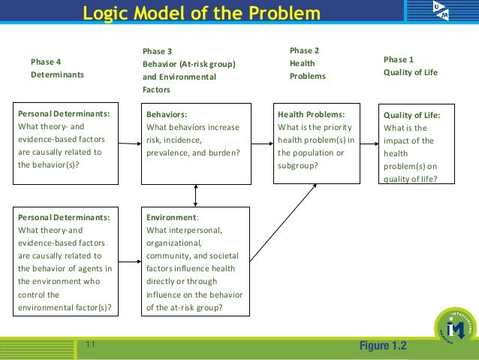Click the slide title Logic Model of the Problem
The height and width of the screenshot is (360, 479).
(x=200, y=14)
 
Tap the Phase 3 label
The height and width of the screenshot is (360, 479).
(x=157, y=51)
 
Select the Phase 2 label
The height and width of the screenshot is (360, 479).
(x=304, y=50)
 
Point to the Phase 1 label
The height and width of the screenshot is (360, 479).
(x=398, y=59)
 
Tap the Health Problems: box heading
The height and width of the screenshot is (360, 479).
(x=311, y=114)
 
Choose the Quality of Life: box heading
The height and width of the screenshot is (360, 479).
(x=411, y=115)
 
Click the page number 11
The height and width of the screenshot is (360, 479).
(x=90, y=344)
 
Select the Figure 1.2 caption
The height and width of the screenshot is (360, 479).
(x=383, y=346)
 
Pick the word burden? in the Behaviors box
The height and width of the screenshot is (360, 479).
(x=223, y=153)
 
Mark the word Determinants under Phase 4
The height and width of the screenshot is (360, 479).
(x=57, y=75)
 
